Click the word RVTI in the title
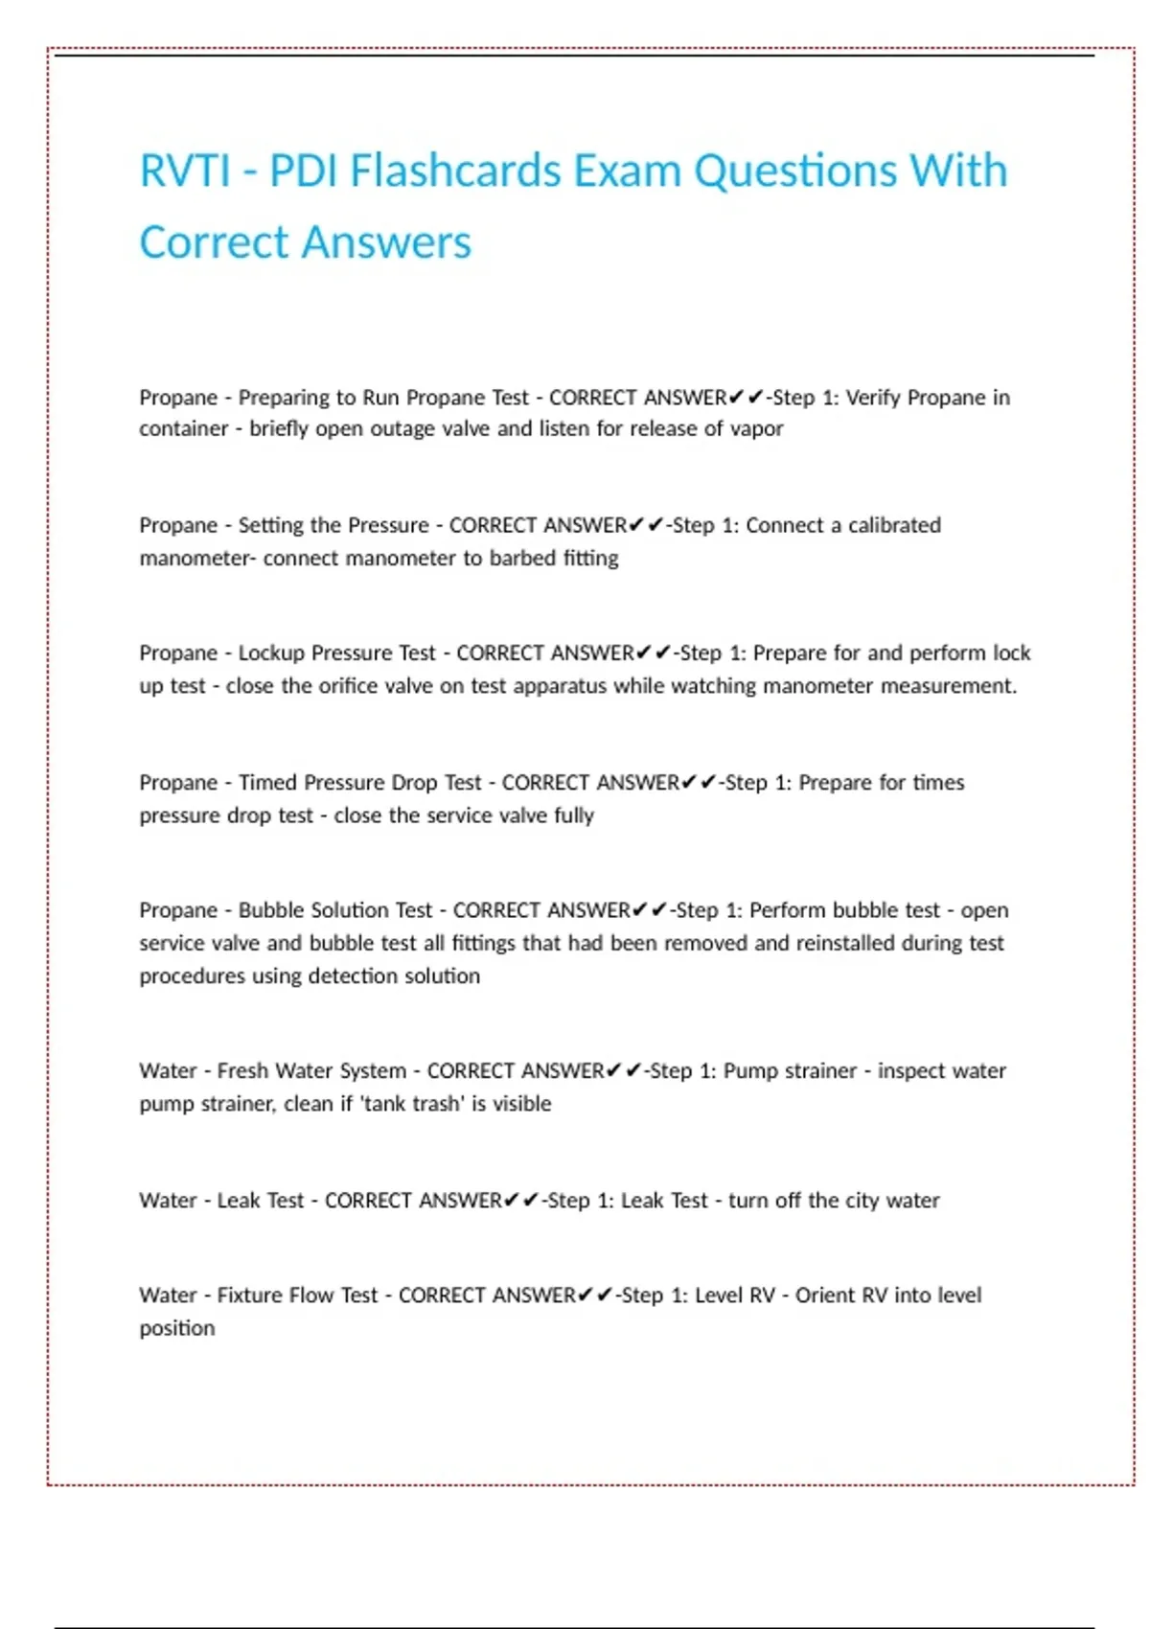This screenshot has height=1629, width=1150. tap(185, 172)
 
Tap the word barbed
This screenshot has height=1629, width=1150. tap(522, 558)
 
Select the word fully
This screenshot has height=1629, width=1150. tap(573, 815)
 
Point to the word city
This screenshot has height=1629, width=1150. tap(862, 1201)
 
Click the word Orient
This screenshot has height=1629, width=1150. tap(825, 1296)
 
